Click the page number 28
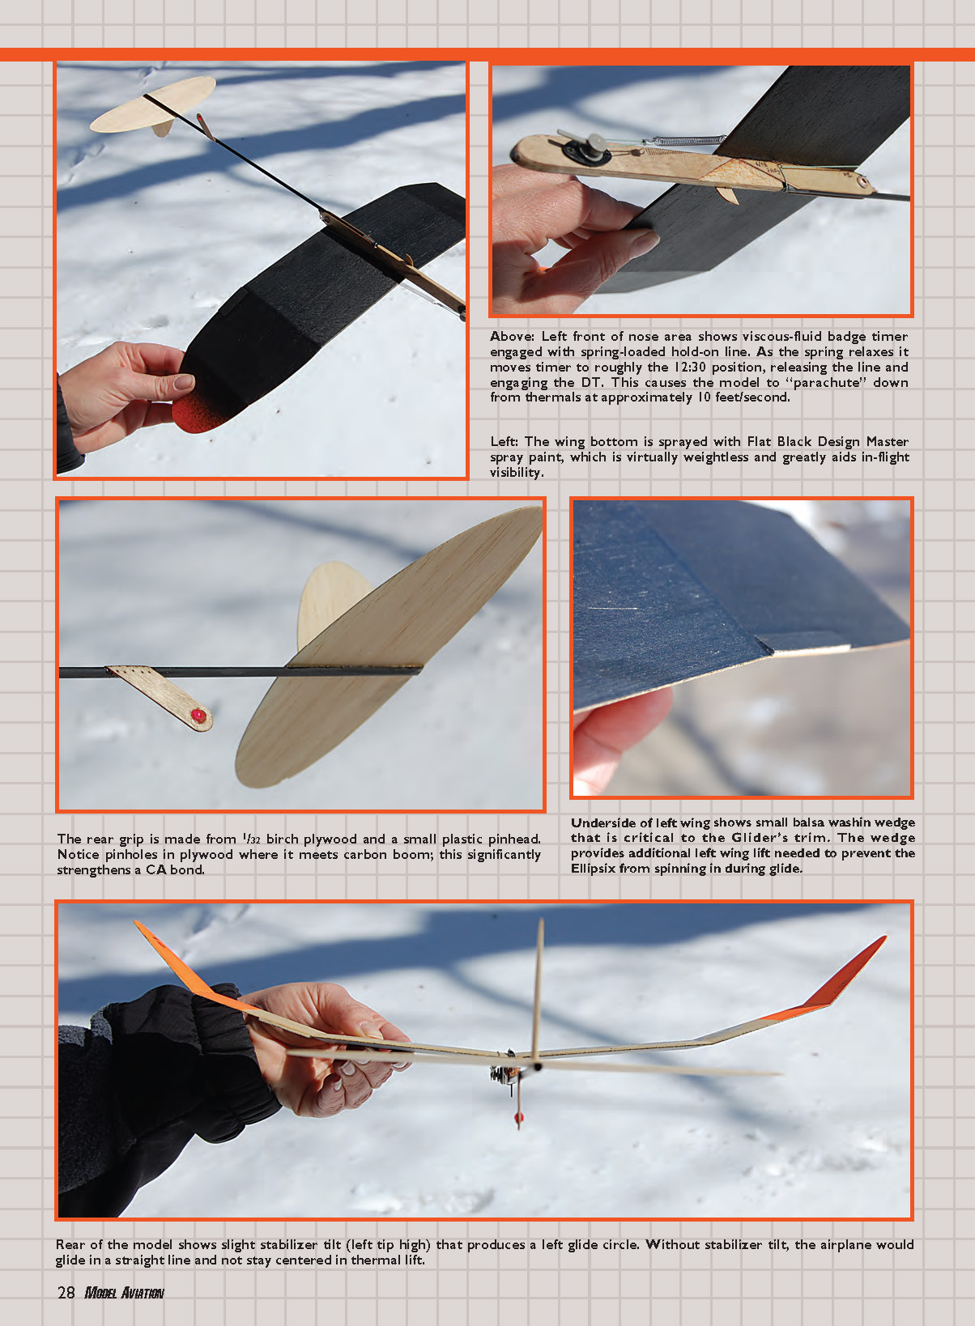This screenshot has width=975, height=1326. pyautogui.click(x=66, y=1292)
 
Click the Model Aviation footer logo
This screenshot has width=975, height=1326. pyautogui.click(x=125, y=1293)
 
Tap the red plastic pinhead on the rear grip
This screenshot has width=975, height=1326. pyautogui.click(x=198, y=716)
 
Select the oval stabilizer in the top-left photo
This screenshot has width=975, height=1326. pyautogui.click(x=153, y=104)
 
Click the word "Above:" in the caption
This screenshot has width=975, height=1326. pyautogui.click(x=513, y=336)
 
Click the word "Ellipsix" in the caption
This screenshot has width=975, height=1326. pyautogui.click(x=593, y=869)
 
